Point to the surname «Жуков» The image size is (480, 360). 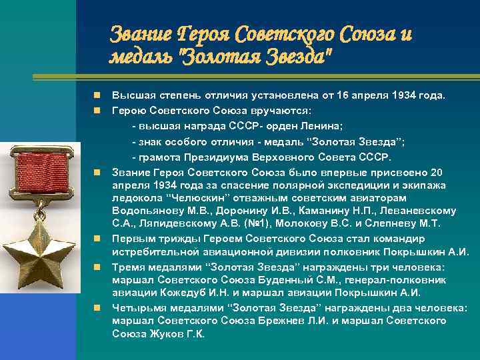[164, 333]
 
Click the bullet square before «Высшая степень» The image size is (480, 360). [97, 96]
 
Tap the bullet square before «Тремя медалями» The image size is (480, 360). [97, 267]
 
